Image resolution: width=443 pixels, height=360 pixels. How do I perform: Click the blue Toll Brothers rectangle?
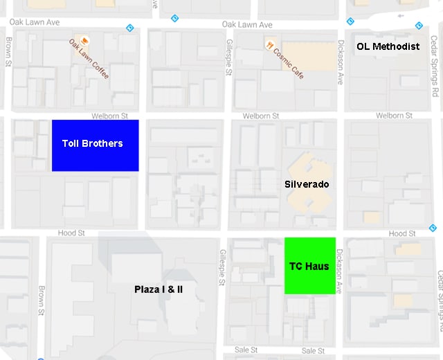[x=95, y=145]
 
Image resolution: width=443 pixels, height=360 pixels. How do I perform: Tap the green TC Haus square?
[x=310, y=266]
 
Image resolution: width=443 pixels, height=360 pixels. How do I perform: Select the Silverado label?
[x=307, y=184]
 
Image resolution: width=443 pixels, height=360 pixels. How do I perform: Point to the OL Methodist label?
[x=388, y=46]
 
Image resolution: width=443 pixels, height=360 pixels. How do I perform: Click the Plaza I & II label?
[x=159, y=289]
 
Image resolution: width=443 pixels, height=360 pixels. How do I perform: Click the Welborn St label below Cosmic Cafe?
[x=262, y=116]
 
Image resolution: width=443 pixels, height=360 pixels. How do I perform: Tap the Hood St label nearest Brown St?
[x=72, y=233]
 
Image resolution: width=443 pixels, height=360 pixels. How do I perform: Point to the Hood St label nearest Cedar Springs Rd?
[x=402, y=234]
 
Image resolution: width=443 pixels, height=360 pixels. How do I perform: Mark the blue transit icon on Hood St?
[x=433, y=228]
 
